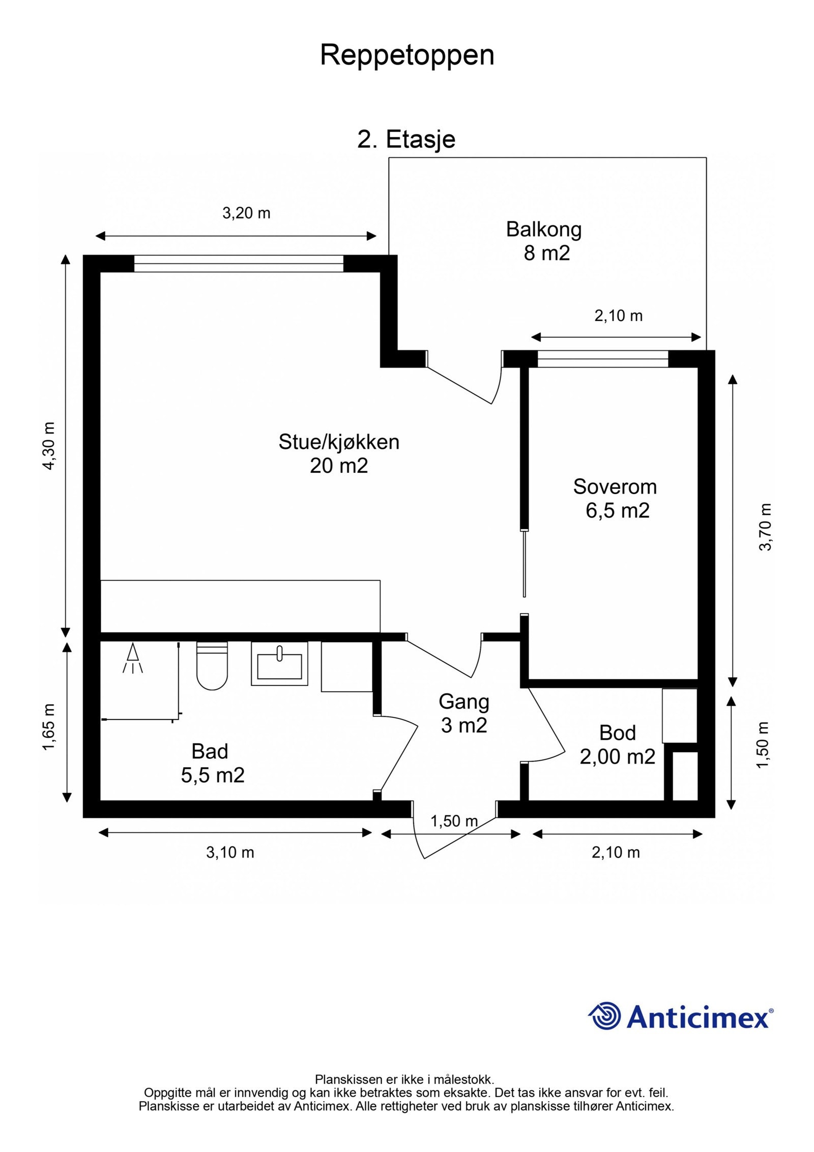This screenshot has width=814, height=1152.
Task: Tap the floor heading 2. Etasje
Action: click(406, 139)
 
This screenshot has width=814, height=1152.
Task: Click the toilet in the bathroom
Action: click(212, 665)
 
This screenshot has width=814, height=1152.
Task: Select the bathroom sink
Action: click(279, 663)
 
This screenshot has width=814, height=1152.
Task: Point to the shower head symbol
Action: click(133, 658)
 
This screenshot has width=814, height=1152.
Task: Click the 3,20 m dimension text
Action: click(246, 213)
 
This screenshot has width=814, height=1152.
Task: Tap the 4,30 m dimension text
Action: click(50, 446)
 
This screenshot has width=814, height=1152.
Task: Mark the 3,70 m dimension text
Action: click(765, 527)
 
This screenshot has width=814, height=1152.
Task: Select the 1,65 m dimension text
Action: click(49, 727)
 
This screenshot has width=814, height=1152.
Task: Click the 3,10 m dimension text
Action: click(230, 852)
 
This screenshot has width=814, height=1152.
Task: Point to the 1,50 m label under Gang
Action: click(454, 821)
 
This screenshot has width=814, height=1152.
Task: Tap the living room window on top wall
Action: click(239, 264)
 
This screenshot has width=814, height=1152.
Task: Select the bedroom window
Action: click(603, 359)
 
